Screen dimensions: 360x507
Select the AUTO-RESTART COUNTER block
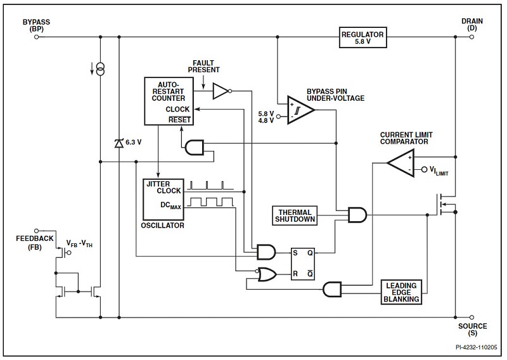(x=169, y=101)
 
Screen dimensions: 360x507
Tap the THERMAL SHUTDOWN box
(x=294, y=215)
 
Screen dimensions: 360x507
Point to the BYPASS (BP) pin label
(x=36, y=25)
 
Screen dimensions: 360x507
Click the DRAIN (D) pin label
(x=472, y=25)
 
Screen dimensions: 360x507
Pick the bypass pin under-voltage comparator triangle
(x=300, y=109)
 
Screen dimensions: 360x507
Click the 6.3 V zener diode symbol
(x=119, y=144)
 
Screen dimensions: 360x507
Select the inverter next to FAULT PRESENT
(x=221, y=91)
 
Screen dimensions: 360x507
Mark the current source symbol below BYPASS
(x=99, y=67)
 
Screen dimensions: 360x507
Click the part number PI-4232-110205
(x=476, y=347)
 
